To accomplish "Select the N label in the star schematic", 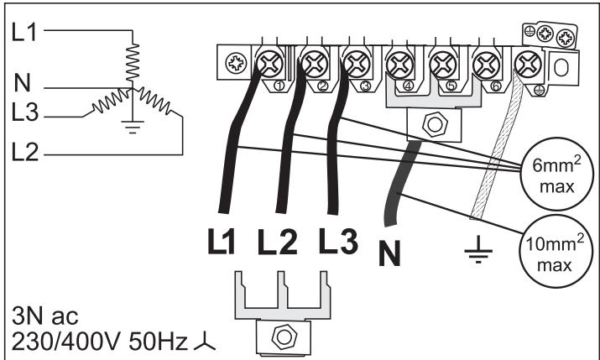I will tap(23, 84).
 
